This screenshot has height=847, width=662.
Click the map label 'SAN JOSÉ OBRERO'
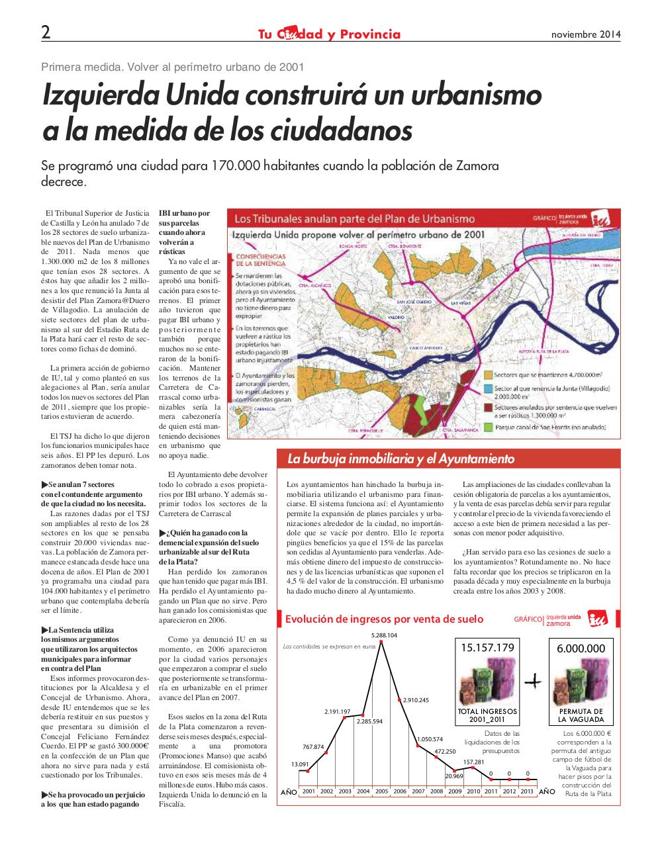coord(414,302)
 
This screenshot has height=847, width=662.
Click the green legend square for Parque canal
coord(489,427)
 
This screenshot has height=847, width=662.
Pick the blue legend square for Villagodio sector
coord(489,390)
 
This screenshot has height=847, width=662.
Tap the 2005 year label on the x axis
coord(381,791)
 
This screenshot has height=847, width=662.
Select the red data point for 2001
coord(308,770)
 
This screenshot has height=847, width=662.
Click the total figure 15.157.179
coord(487,648)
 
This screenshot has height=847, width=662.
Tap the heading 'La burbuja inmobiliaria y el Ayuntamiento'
coord(401,459)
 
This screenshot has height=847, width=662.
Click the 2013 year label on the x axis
coord(527,791)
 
